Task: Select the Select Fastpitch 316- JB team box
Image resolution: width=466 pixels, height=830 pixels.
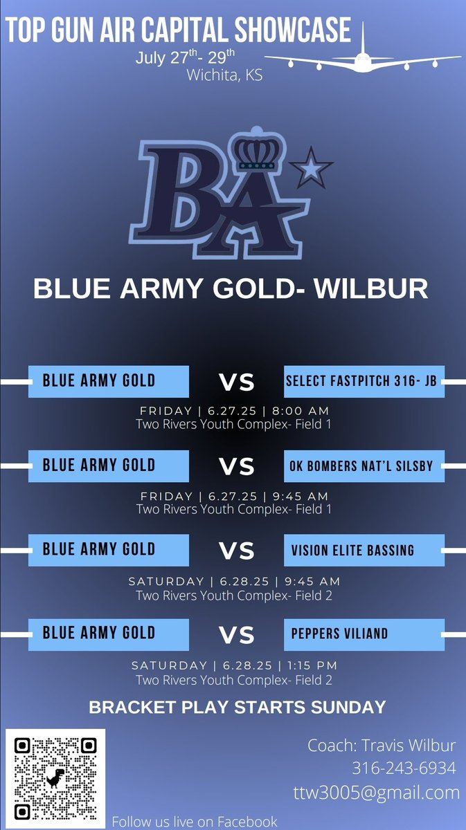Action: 364,381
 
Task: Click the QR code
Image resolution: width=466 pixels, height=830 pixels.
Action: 55,778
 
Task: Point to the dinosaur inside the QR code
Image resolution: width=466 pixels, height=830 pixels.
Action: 55,778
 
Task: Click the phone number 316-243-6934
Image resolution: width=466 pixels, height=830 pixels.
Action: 404,768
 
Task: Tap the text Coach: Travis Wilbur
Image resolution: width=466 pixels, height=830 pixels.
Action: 382,746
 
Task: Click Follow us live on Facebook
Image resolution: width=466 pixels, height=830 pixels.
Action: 195,821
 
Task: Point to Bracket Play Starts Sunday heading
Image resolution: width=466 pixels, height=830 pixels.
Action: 238,708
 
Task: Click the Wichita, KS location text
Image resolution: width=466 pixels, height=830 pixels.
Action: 224,76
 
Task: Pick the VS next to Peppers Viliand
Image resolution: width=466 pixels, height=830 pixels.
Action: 237,635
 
